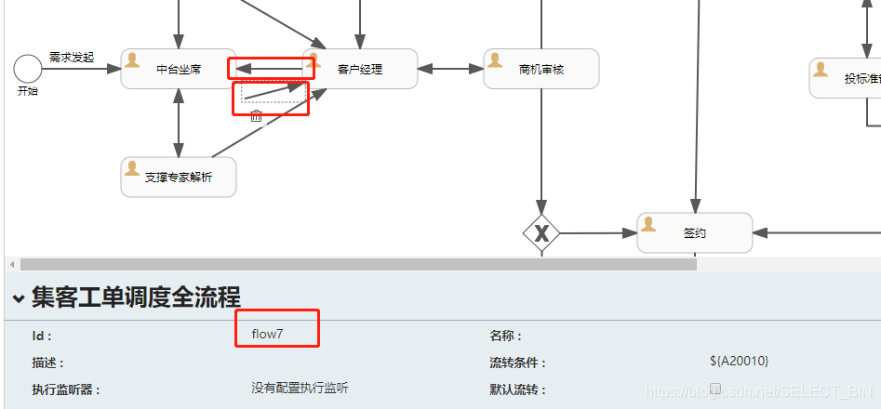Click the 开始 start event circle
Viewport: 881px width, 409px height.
pyautogui.click(x=28, y=68)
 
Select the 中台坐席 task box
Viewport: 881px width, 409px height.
pyautogui.click(x=178, y=69)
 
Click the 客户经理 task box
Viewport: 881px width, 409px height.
pyautogui.click(x=360, y=69)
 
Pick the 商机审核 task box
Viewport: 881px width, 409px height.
pyautogui.click(x=541, y=69)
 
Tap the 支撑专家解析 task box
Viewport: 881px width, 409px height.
pyautogui.click(x=178, y=177)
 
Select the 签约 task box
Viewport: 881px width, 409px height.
pyautogui.click(x=694, y=232)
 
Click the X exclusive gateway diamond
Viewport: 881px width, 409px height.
pyautogui.click(x=541, y=232)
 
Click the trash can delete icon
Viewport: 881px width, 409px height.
pyautogui.click(x=257, y=115)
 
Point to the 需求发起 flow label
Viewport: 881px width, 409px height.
pyautogui.click(x=72, y=57)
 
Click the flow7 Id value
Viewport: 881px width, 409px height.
pyautogui.click(x=267, y=334)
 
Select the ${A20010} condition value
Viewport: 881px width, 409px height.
pyautogui.click(x=739, y=361)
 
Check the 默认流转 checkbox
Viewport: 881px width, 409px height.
pyautogui.click(x=715, y=388)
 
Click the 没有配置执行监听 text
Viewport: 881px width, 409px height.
pyautogui.click(x=300, y=388)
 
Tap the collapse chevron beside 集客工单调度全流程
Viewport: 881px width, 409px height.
pyautogui.click(x=18, y=298)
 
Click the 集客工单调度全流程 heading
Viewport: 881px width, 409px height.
pyautogui.click(x=136, y=297)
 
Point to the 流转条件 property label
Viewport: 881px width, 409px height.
pyautogui.click(x=518, y=363)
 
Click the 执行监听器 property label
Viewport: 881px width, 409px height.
pyautogui.click(x=66, y=389)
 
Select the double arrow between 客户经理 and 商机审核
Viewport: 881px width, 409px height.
pyautogui.click(x=450, y=69)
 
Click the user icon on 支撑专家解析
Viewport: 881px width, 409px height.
pyautogui.click(x=132, y=168)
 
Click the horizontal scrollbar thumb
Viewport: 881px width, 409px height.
pyautogui.click(x=358, y=265)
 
